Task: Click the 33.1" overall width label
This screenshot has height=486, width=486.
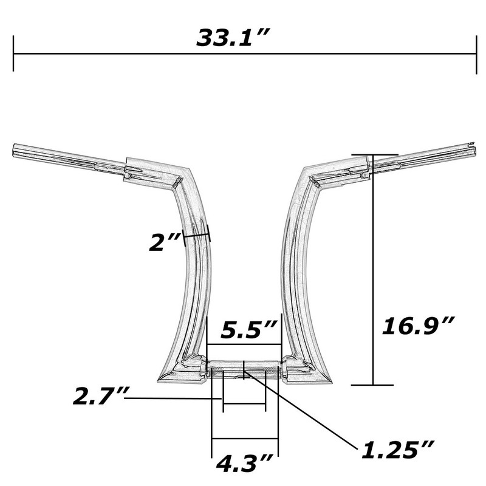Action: [233, 38]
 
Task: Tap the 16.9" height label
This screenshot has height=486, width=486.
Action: [419, 326]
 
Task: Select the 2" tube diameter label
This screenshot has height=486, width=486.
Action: [165, 242]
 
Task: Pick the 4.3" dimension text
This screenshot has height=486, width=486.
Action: [245, 464]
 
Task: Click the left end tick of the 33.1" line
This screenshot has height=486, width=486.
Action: [13, 53]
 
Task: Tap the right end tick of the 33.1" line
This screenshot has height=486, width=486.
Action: [476, 55]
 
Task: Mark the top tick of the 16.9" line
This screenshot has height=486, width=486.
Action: [375, 154]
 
